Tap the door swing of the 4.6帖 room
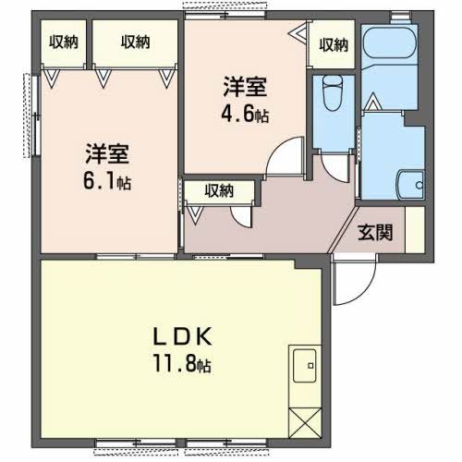click(285, 157)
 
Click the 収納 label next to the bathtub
click(332, 43)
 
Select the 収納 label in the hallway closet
click(219, 191)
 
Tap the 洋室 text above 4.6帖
click(245, 89)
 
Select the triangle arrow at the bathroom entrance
click(370, 106)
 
